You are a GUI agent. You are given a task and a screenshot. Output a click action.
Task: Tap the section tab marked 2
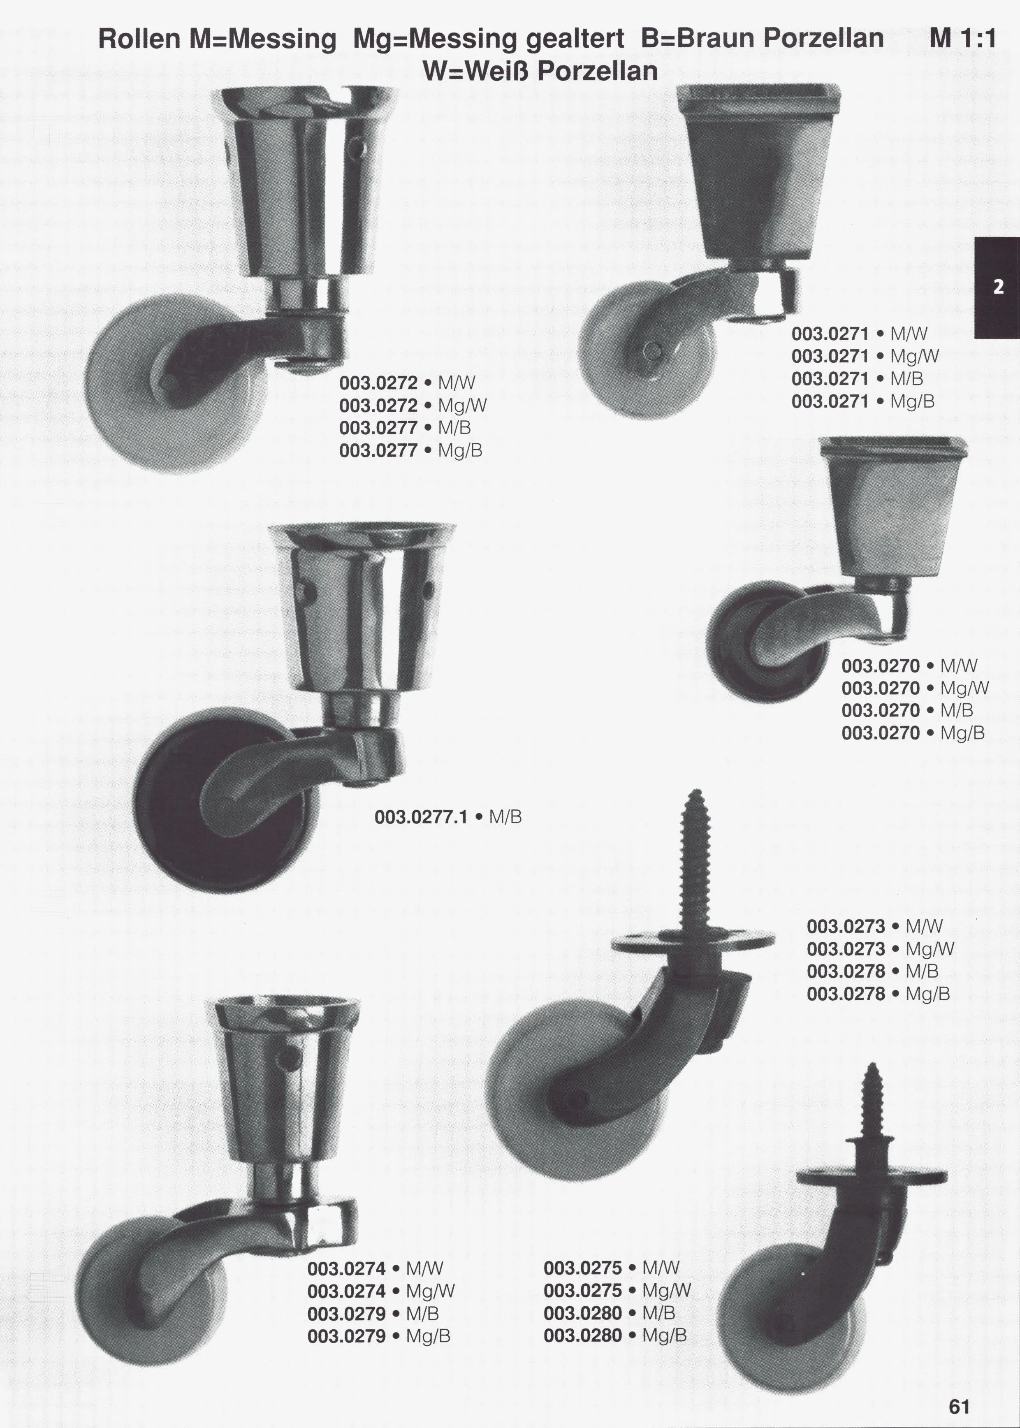[997, 287]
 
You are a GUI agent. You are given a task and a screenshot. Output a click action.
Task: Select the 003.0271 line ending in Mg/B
[863, 401]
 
